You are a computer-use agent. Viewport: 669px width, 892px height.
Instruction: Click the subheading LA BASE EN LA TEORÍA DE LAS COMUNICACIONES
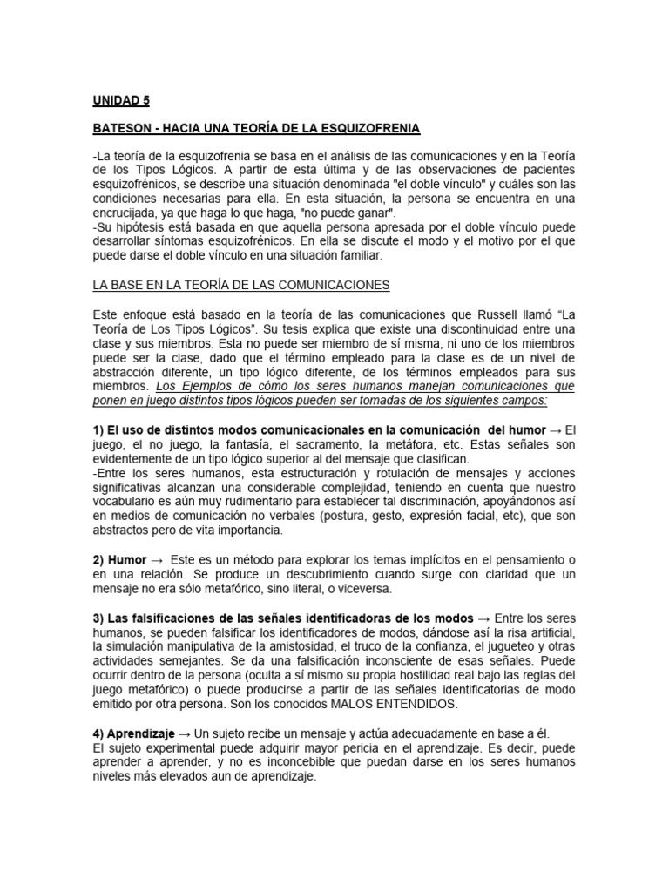pos(240,285)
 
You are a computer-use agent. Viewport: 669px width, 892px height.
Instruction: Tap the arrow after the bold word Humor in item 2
pos(158,558)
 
